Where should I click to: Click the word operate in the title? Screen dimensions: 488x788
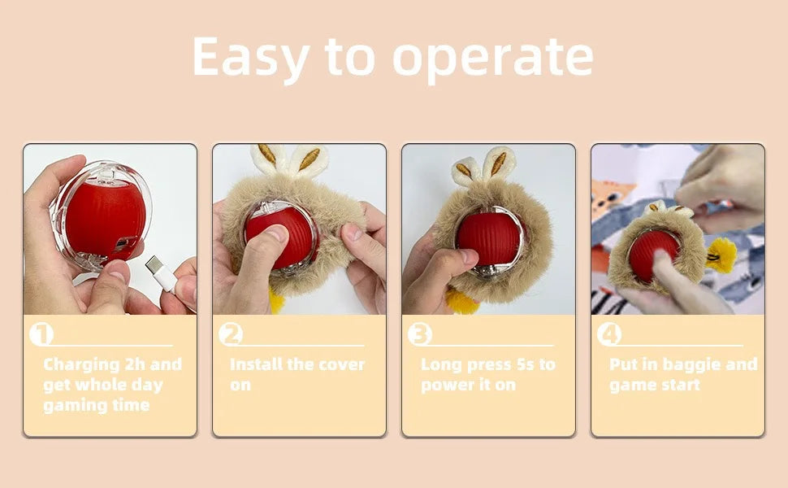pos(493,59)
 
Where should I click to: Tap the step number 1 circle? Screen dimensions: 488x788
pos(41,334)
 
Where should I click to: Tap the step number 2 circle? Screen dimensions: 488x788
pos(231,334)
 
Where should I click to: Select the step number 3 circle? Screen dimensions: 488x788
pos(420,334)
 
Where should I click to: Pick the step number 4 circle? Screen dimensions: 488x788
pos(609,334)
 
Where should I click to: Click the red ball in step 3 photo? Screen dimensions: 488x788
pos(488,237)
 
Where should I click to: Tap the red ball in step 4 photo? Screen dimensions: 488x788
pos(655,254)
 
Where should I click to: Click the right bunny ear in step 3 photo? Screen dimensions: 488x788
pos(498,163)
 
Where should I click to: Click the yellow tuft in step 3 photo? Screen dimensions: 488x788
pos(461,303)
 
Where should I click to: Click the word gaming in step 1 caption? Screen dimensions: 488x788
pos(73,405)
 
